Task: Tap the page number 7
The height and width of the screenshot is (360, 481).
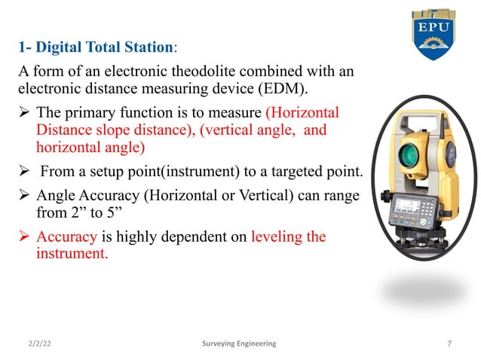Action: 449,343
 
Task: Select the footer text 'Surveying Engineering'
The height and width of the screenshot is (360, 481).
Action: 240,343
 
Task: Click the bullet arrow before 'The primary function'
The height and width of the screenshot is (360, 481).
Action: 23,113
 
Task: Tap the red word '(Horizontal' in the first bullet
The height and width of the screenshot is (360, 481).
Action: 302,113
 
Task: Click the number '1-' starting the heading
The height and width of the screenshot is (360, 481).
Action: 24,47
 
